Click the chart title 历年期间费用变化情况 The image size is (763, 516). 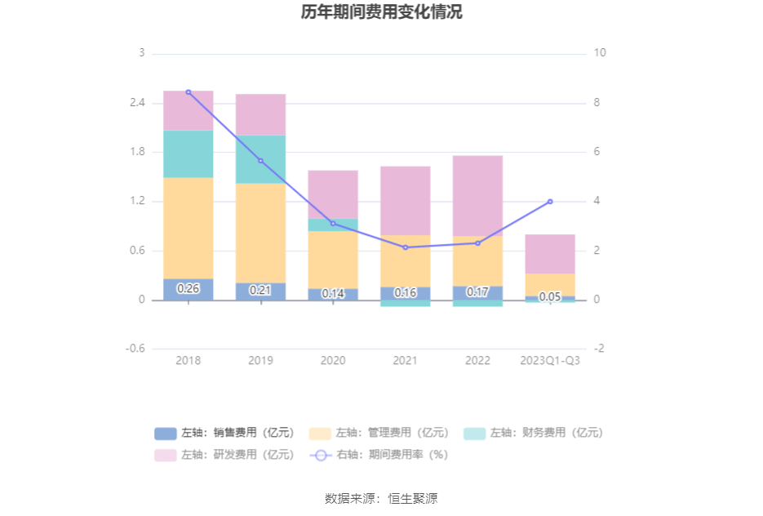(x=380, y=12)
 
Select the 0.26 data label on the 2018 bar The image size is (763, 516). (x=189, y=288)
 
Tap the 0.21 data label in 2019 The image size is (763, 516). (x=260, y=290)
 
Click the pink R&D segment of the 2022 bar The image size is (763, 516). (x=477, y=196)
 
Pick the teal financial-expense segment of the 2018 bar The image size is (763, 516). (x=189, y=154)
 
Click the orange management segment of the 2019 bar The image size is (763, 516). (x=260, y=233)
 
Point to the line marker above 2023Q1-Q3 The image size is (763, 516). (x=550, y=202)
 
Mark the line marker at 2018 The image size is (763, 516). (x=189, y=92)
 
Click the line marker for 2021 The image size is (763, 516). (x=406, y=247)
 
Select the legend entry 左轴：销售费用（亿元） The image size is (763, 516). (x=221, y=434)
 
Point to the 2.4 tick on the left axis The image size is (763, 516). (x=136, y=103)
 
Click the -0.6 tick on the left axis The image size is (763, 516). (x=135, y=349)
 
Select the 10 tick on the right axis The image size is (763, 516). (x=600, y=53)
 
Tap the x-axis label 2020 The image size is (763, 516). (x=333, y=360)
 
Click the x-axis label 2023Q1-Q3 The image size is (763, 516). (x=550, y=360)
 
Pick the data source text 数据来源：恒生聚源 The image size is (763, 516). (x=380, y=498)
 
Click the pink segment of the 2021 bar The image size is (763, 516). (x=406, y=201)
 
